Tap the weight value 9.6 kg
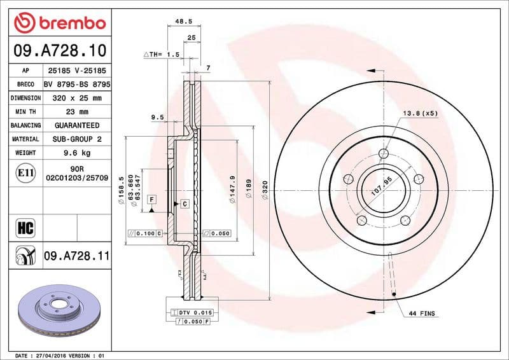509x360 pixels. [77, 153]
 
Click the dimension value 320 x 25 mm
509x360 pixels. [77, 98]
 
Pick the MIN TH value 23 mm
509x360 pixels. [77, 112]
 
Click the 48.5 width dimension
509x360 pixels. [184, 21]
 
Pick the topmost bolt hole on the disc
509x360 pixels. [382, 153]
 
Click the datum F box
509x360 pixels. [152, 199]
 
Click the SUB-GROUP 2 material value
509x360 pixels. [77, 139]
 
